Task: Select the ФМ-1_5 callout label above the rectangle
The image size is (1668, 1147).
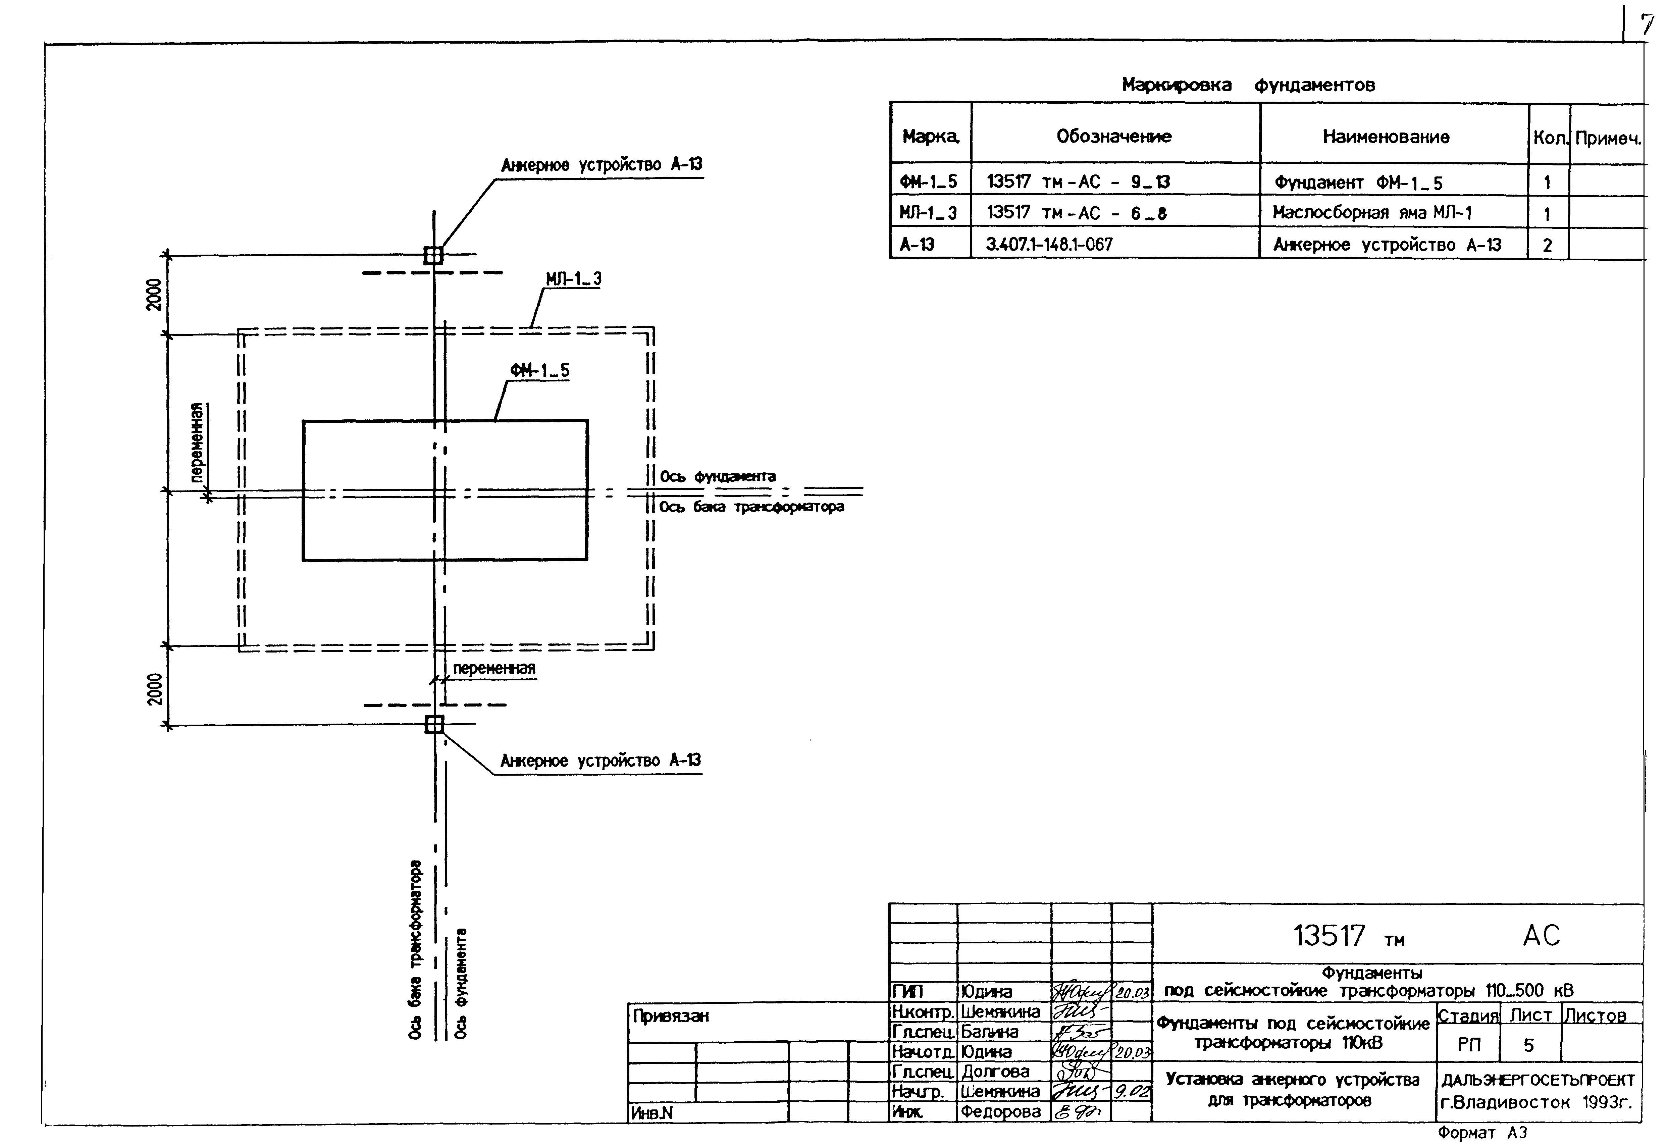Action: point(540,370)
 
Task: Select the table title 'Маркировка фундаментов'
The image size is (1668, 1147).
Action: point(1248,85)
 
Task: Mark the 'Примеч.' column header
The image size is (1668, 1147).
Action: point(1608,138)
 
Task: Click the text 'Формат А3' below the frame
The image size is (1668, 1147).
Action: point(1482,1133)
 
